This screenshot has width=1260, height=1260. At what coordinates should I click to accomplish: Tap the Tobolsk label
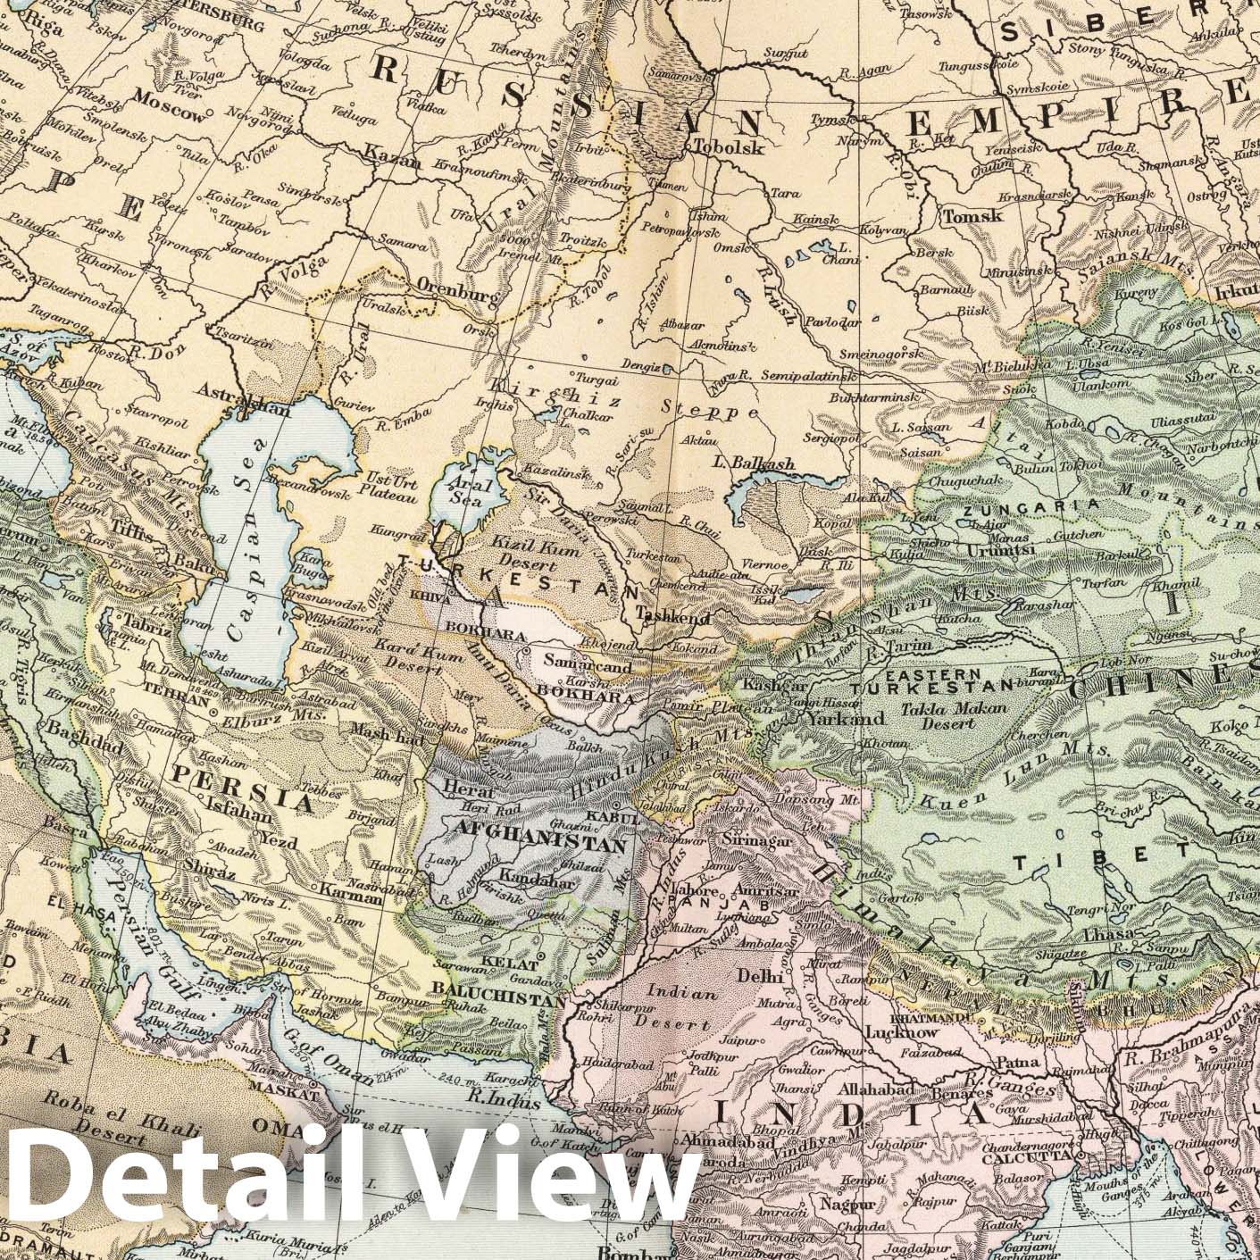[728, 148]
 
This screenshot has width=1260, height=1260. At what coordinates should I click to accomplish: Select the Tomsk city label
[972, 215]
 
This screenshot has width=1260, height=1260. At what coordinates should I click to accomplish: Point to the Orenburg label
[455, 289]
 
